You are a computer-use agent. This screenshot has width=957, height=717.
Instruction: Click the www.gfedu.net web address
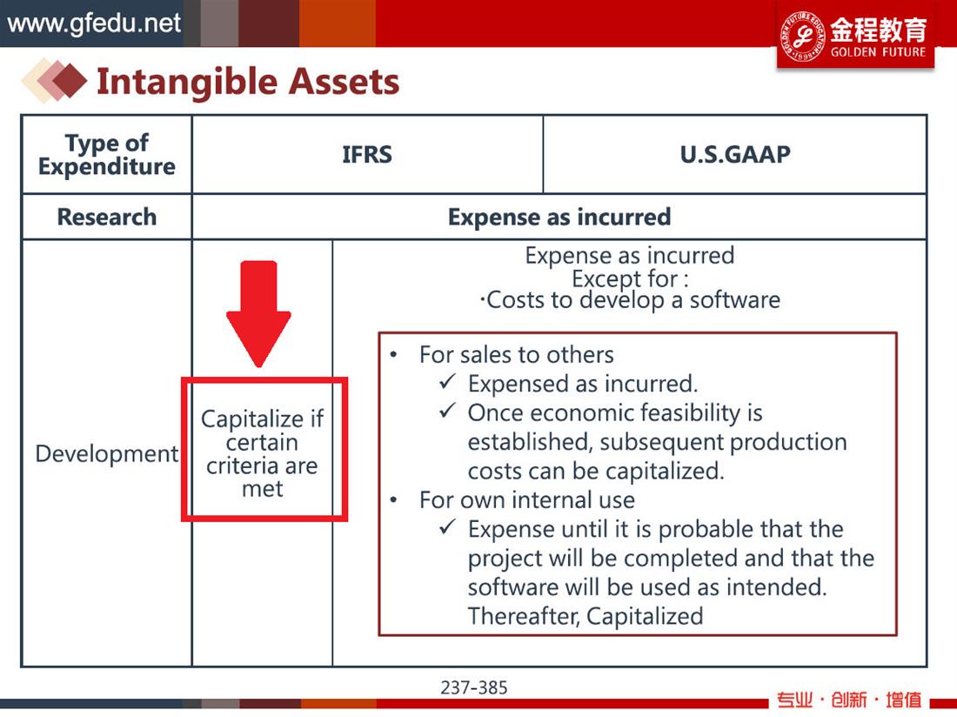94,23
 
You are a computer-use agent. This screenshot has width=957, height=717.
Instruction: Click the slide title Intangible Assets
248,81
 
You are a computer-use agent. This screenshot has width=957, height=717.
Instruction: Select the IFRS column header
367,154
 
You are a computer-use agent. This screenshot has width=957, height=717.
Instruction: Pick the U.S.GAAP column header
735,154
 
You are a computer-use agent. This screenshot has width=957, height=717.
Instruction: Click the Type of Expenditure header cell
107,154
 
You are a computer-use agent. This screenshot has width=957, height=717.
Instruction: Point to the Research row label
107,217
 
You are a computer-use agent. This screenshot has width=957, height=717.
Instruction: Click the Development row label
107,453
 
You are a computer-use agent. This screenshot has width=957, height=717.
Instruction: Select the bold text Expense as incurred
559,217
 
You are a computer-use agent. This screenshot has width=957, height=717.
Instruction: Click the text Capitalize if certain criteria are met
263,453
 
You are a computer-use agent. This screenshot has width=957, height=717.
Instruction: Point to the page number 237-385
473,687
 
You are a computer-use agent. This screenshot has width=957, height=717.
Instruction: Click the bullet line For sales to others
516,354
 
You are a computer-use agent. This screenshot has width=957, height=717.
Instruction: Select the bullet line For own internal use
526,499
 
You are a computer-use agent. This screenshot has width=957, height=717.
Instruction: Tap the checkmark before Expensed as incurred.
447,382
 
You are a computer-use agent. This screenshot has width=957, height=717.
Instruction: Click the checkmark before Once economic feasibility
447,412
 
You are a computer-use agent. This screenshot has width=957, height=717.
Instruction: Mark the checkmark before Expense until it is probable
447,526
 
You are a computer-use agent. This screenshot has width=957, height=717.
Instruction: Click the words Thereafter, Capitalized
586,616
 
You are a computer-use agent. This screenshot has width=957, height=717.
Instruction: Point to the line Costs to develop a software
630,299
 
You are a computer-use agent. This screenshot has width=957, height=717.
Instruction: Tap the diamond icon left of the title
55,80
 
